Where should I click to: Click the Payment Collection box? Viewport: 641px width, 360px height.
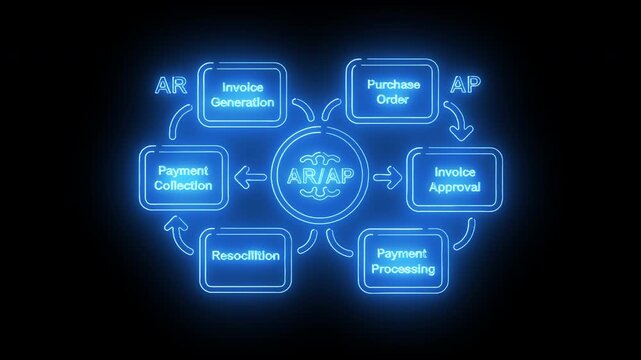tap(183, 178)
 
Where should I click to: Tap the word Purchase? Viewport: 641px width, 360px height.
tap(394, 85)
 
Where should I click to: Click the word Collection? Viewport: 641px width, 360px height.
tap(183, 186)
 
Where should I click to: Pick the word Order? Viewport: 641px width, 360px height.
tap(394, 100)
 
